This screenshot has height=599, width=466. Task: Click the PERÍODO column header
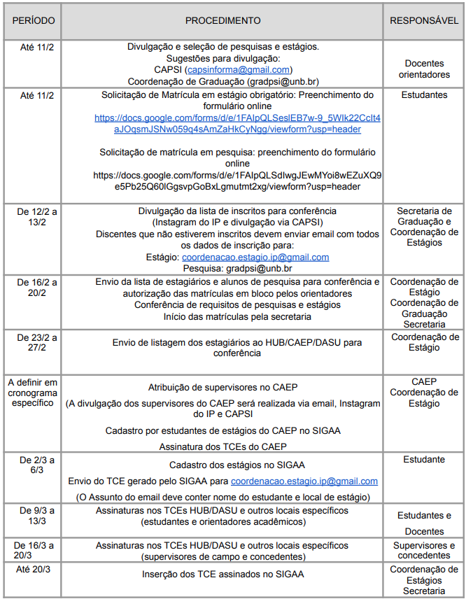33,21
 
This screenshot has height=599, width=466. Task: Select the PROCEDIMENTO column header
223,21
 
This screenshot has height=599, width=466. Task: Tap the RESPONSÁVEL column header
424,21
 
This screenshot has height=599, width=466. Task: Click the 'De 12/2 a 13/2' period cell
33,216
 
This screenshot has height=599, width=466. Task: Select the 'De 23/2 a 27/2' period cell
33,343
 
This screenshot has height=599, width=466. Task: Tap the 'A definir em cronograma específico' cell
33,393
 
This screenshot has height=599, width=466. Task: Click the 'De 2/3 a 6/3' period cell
33,465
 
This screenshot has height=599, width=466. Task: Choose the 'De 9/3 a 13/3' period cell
33,516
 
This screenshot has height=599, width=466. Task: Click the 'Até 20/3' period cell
33,570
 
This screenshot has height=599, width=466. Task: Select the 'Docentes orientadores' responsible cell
424,69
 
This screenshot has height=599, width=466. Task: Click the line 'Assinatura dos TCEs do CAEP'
223,446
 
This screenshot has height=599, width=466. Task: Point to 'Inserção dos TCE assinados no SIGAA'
223,575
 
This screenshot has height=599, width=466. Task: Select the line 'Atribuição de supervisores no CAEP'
223,388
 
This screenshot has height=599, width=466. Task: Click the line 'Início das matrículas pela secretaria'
223,316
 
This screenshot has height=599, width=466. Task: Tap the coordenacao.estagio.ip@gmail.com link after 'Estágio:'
255,258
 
